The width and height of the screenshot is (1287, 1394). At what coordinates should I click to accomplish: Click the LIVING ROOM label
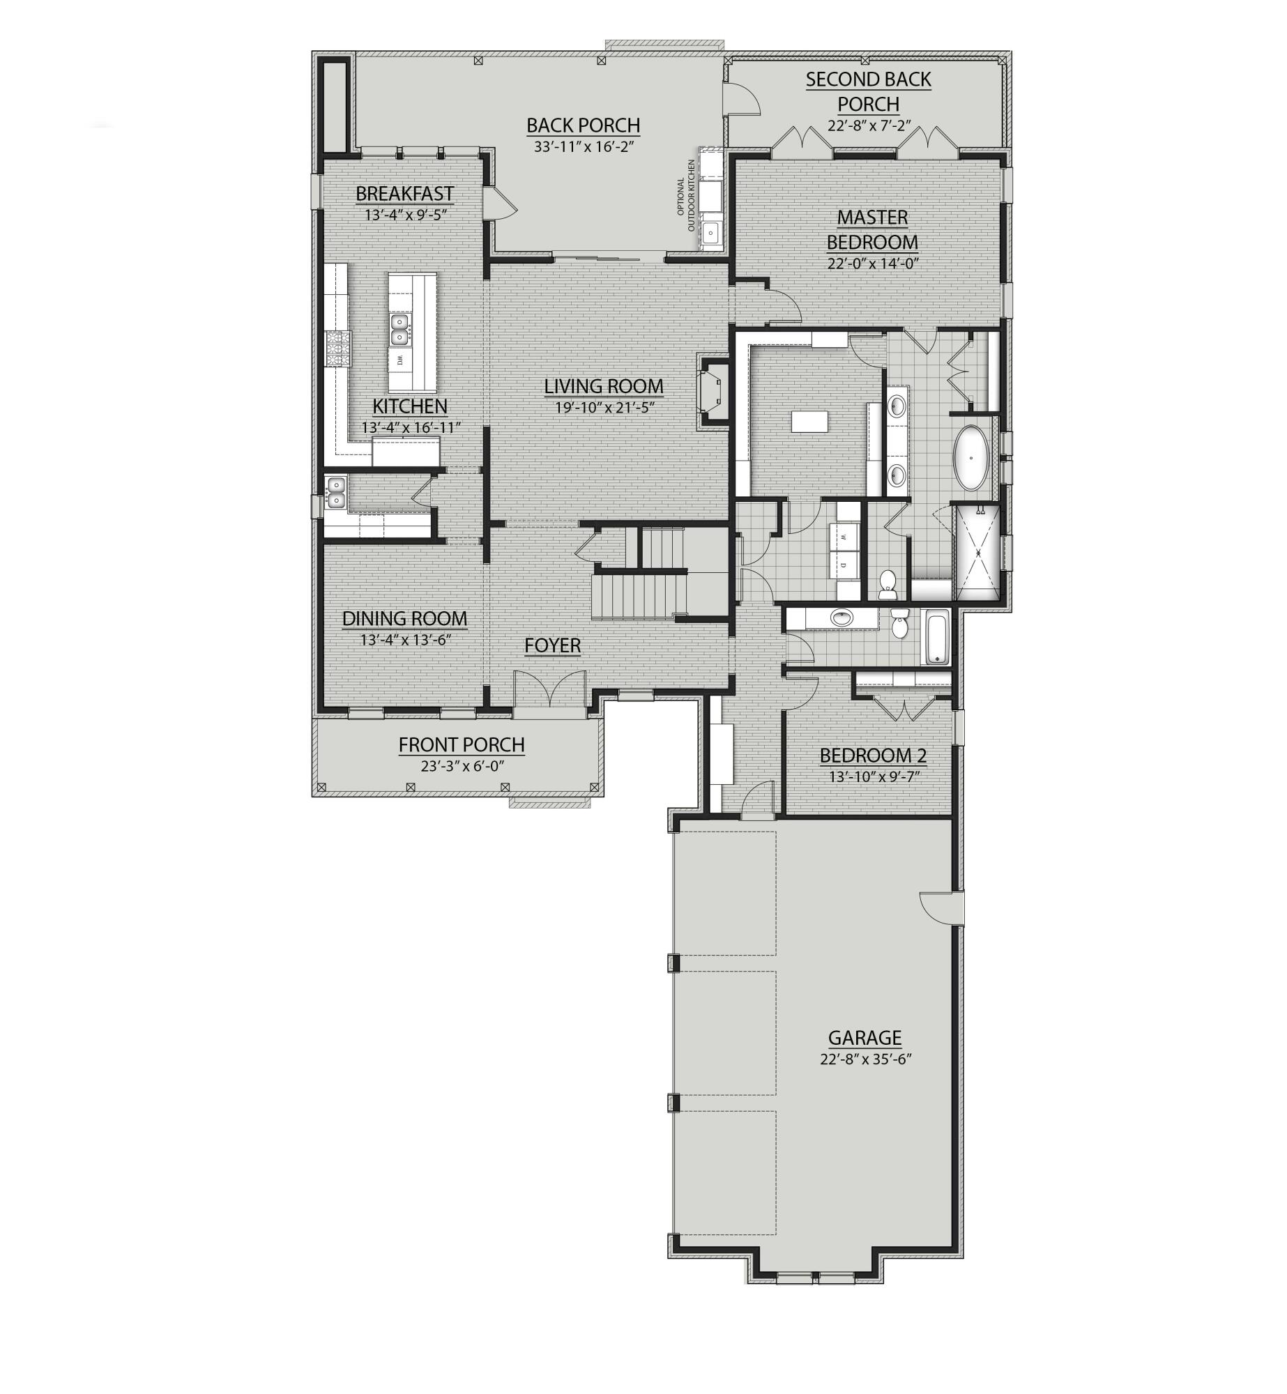point(603,386)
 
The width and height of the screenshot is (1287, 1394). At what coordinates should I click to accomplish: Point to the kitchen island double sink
point(399,330)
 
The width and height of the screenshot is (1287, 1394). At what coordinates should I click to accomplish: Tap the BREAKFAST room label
point(404,193)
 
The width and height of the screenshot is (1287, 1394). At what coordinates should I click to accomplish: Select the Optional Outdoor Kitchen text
point(687,196)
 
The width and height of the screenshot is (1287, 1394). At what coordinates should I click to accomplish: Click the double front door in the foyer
point(550,691)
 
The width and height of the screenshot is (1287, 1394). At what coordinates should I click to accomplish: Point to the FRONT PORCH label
point(462,745)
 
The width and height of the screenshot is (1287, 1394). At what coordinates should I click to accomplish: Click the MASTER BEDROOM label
point(872,230)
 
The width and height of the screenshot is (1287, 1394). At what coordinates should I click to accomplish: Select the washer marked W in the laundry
point(844,537)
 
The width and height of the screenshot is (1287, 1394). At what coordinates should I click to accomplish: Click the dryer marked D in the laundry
point(844,565)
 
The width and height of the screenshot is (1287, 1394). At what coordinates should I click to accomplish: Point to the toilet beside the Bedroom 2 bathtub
point(900,625)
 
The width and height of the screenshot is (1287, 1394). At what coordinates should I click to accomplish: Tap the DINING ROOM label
point(404,619)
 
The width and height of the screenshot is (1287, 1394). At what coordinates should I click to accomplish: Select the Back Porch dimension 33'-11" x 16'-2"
point(583,147)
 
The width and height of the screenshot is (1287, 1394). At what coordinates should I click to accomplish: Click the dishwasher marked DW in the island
point(400,360)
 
